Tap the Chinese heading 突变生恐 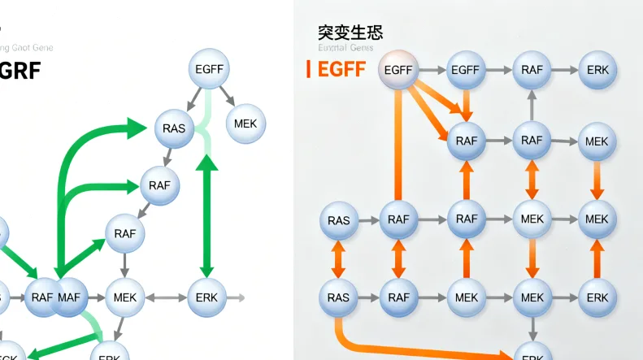coord(350,33)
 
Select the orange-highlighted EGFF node coord(398,71)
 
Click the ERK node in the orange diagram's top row coord(597,71)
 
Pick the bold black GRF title coord(20,71)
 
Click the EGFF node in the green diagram coord(209,70)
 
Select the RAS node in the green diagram coord(174,128)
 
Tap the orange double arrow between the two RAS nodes coord(338,259)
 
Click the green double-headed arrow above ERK coord(207,215)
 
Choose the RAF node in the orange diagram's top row coord(532,71)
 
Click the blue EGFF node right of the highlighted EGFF coord(466,71)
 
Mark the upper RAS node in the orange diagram coord(338,220)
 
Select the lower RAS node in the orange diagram coord(338,297)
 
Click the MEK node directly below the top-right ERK coord(597,141)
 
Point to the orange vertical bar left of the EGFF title coord(308,69)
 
